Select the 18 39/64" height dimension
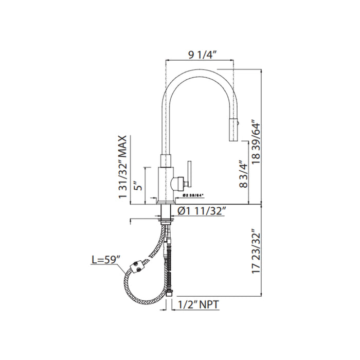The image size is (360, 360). coord(256,142)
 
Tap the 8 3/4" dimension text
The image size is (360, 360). coord(244,174)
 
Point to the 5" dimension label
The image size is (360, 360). coord(138,186)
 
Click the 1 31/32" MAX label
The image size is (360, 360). coord(122,167)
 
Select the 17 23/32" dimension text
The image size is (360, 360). coord(256,251)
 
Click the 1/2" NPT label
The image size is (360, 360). coord(199,304)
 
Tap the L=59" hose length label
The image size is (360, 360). coord(106,260)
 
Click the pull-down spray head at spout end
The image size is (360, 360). coord(233,130)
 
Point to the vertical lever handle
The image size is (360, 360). coord(189,173)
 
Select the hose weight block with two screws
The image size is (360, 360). coord(137,267)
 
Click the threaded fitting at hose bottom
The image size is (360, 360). coord(169,294)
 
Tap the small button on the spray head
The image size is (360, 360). coord(238,124)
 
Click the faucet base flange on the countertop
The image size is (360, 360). coord(166,202)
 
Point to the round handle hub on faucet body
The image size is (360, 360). coord(177,184)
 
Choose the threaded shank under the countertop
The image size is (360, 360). coord(166,212)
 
